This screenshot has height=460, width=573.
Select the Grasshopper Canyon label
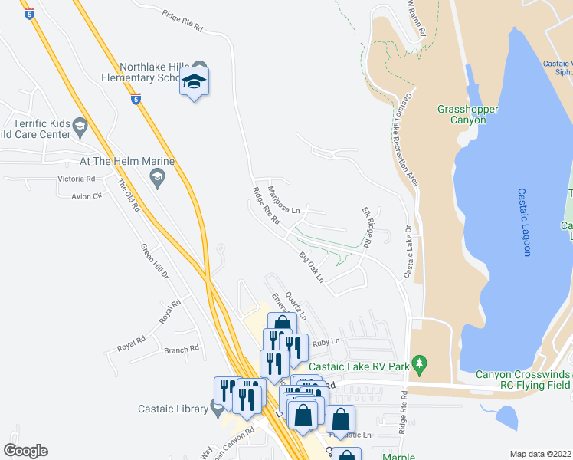(x=468, y=115)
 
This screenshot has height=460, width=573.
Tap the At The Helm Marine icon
(x=158, y=179)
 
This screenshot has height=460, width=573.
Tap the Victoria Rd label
(x=76, y=179)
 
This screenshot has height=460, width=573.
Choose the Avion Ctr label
(x=86, y=196)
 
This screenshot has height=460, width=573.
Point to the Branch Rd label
(x=182, y=349)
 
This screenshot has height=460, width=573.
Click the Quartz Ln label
(x=295, y=305)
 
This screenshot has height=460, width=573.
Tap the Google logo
(x=26, y=451)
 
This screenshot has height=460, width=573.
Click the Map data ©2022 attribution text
(x=540, y=454)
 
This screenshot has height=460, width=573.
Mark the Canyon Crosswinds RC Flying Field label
(x=522, y=379)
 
